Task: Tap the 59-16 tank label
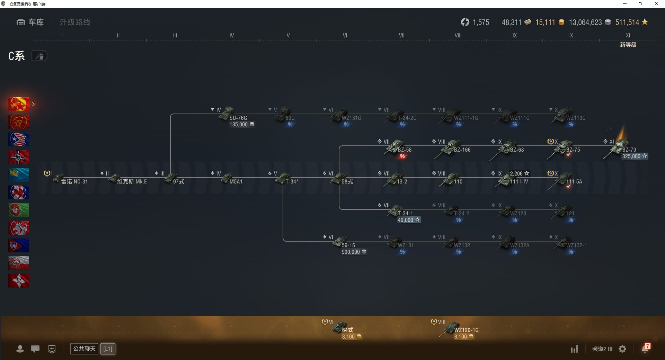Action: pos(348,245)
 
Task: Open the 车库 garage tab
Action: pos(30,22)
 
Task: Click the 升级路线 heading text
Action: pos(75,22)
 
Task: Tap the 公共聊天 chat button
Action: pos(84,349)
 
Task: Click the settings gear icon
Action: pos(622,349)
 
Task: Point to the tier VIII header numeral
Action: pos(458,35)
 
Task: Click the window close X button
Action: pos(656,4)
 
